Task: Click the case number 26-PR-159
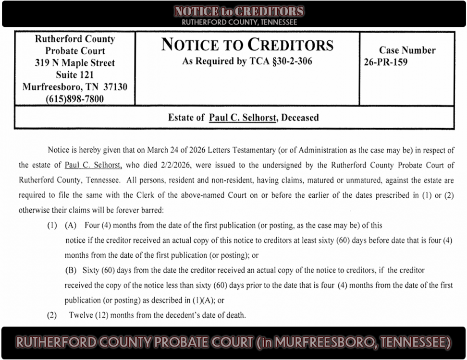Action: [386, 62]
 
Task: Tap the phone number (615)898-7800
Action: [74, 99]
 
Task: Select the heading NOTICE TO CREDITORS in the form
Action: [247, 45]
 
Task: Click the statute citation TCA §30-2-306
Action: [279, 61]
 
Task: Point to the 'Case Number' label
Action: [407, 50]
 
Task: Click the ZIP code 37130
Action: [115, 87]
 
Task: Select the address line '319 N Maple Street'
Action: [74, 63]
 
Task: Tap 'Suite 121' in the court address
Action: [74, 75]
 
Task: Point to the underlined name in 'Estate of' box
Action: [243, 118]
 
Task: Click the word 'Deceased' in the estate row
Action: [300, 118]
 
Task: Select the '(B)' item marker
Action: [71, 270]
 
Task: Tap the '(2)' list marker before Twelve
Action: [51, 315]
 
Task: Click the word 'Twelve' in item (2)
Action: [80, 315]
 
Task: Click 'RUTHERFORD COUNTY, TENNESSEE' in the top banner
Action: [239, 22]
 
